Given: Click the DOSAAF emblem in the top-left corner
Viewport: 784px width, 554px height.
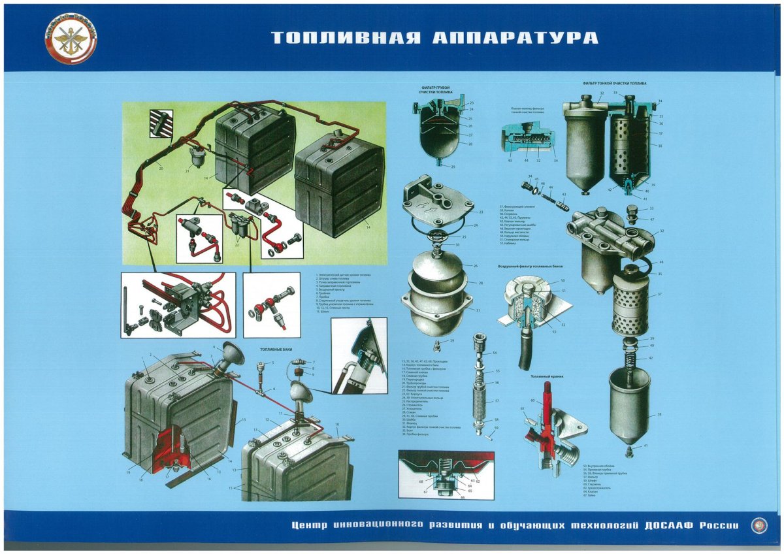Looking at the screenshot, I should coord(71,39).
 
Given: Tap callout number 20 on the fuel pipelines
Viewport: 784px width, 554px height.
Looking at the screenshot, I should coord(160,168).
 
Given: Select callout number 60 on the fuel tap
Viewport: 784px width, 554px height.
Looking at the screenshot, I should coord(532,400).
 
